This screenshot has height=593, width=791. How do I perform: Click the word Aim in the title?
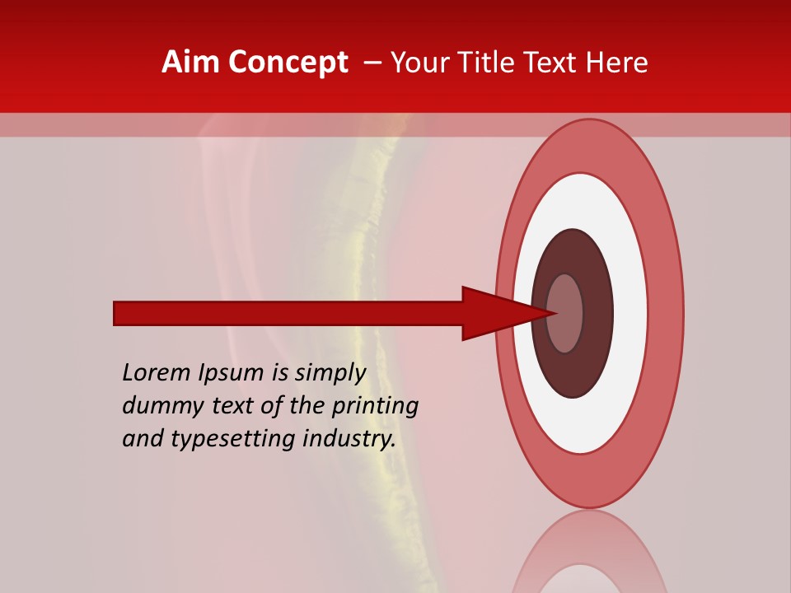pyautogui.click(x=192, y=63)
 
